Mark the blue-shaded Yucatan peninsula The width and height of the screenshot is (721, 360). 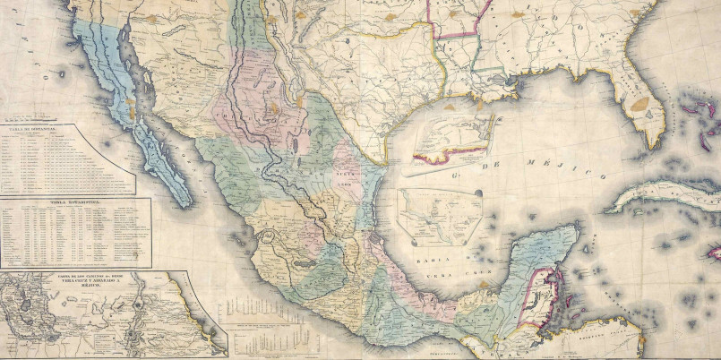click(537, 260)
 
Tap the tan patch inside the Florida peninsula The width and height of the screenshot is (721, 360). click(639, 104)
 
